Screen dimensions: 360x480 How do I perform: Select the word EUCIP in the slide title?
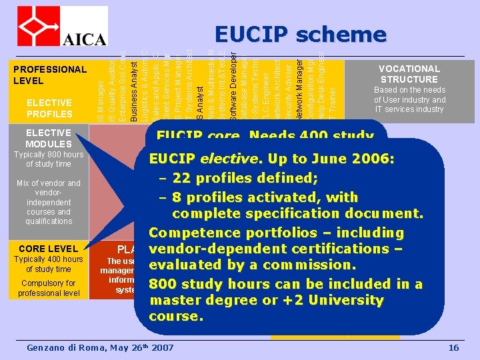[x=252, y=34]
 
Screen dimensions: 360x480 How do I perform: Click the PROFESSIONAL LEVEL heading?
[x=50, y=75]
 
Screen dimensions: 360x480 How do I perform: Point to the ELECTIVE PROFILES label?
[x=49, y=108]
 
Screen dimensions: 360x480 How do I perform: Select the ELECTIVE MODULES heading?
[x=49, y=138]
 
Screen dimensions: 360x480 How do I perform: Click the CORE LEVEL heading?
[x=49, y=249]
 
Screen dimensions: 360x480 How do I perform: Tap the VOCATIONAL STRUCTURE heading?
[x=409, y=74]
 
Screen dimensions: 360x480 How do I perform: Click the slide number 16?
[x=454, y=348]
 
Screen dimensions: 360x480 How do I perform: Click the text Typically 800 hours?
[x=49, y=155]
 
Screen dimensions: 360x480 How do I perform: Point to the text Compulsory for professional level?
[x=49, y=287]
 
